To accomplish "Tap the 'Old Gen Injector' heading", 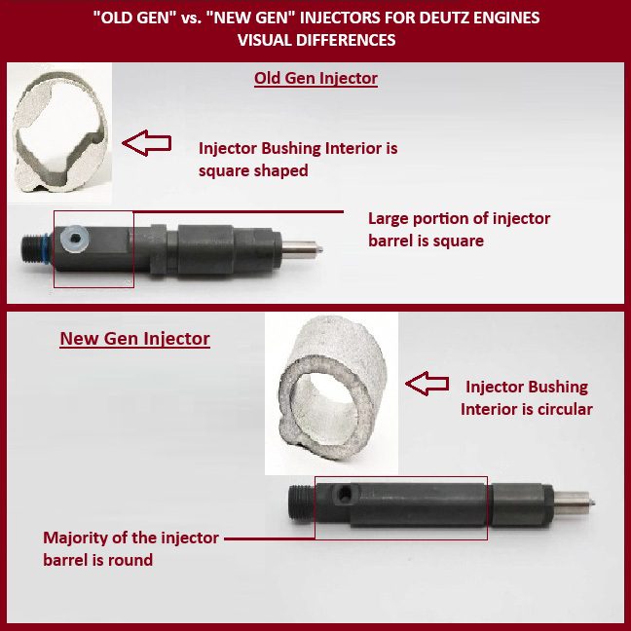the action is click(x=315, y=78).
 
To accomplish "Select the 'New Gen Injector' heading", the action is click(x=134, y=339).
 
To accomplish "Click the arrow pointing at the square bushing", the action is click(x=147, y=143).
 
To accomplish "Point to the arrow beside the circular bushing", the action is click(x=427, y=384).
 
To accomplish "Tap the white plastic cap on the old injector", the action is click(x=74, y=239).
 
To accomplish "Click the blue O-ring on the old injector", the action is click(x=49, y=248).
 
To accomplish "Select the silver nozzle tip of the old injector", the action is click(x=302, y=248).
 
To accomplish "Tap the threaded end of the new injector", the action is click(x=302, y=502).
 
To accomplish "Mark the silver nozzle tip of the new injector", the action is click(x=575, y=503).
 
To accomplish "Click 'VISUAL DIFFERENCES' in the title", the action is click(x=316, y=40).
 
